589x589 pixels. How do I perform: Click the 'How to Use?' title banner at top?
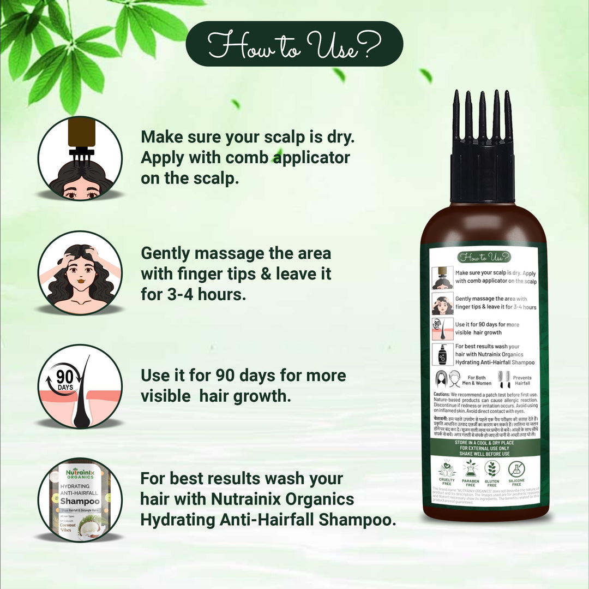[x=294, y=44]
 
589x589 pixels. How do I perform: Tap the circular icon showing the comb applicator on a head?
[x=80, y=158]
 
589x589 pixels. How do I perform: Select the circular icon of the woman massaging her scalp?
[x=80, y=273]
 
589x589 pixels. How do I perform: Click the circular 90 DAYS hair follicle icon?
[x=80, y=386]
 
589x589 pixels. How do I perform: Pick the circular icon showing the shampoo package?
[x=80, y=499]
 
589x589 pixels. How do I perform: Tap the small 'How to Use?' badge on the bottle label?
[x=484, y=257]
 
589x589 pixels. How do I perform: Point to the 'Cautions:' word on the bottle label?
[x=441, y=394]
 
